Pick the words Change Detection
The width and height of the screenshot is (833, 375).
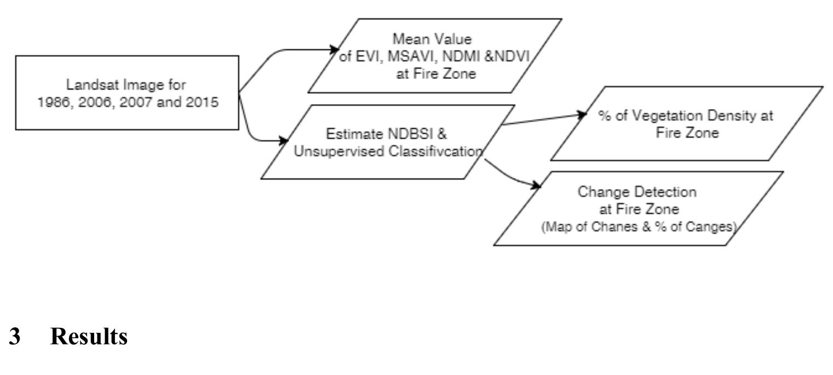tap(637, 192)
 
